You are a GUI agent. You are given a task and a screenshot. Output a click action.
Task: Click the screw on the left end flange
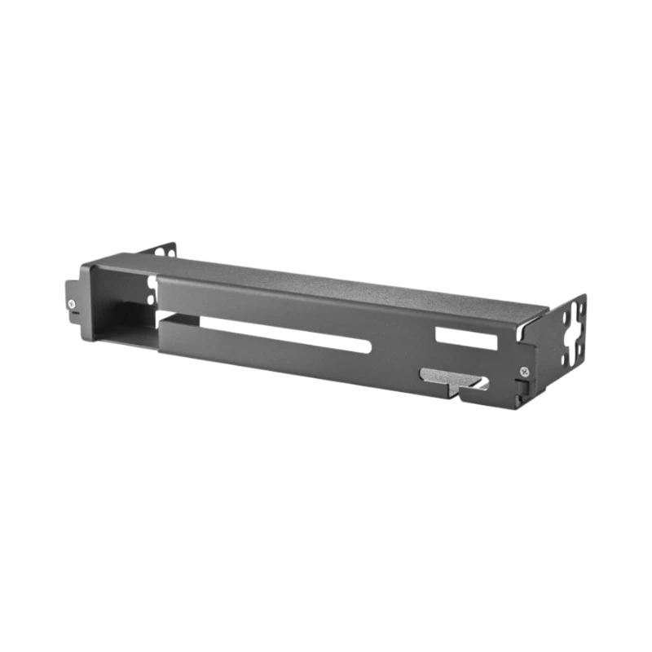tap(73, 304)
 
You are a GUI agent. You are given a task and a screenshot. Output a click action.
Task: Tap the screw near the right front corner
tap(522, 372)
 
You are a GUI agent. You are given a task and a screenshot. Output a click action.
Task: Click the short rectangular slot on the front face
tap(465, 337)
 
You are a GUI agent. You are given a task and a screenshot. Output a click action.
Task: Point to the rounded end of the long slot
tap(368, 346)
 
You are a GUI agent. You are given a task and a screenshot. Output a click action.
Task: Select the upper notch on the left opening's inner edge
tap(151, 282)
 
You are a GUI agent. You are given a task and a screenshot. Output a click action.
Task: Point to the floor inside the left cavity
tap(122, 334)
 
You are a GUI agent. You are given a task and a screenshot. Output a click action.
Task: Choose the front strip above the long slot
tap(285, 306)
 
